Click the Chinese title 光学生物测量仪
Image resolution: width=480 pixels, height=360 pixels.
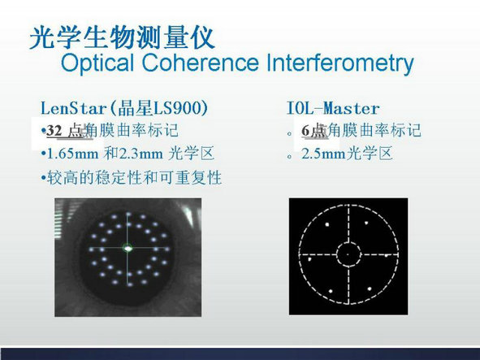(x=122, y=37)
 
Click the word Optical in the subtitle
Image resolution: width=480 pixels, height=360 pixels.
(x=97, y=63)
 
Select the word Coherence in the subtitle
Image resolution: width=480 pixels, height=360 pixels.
(x=201, y=63)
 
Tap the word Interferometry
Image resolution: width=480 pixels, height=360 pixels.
(x=340, y=63)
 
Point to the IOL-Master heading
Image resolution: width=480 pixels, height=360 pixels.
(x=333, y=108)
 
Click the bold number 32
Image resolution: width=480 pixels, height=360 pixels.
(x=54, y=131)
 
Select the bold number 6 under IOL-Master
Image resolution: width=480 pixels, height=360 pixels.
(x=305, y=131)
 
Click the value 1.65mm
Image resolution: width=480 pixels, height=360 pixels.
(x=72, y=154)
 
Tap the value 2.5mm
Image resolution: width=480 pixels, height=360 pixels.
(x=323, y=154)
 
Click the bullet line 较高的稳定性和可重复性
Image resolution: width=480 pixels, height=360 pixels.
(x=134, y=178)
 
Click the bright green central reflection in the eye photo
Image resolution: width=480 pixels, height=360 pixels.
(x=128, y=248)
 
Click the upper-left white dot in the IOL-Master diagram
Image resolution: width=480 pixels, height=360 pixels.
(x=327, y=224)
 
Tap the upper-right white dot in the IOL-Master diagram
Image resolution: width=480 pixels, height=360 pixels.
(x=366, y=223)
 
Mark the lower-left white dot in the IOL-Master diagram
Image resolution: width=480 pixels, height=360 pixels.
(x=331, y=291)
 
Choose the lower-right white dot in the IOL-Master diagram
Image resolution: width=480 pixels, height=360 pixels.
(x=370, y=288)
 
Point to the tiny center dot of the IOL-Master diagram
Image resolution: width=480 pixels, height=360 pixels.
(x=348, y=254)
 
